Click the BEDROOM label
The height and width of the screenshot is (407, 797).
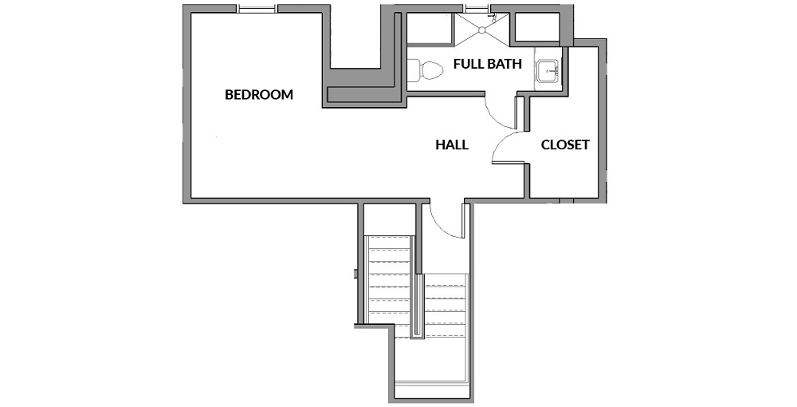click(x=259, y=95)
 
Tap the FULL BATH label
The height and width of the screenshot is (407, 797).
click(x=488, y=64)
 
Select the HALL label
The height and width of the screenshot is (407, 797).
click(x=452, y=145)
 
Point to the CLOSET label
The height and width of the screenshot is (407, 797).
click(x=565, y=145)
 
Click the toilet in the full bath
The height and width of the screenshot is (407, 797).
click(x=426, y=70)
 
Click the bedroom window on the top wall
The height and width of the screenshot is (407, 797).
click(x=257, y=8)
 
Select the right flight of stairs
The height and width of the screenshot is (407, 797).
click(x=446, y=305)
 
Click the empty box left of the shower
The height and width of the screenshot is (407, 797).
click(x=430, y=29)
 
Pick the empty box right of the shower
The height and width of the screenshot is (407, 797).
click(x=537, y=27)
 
